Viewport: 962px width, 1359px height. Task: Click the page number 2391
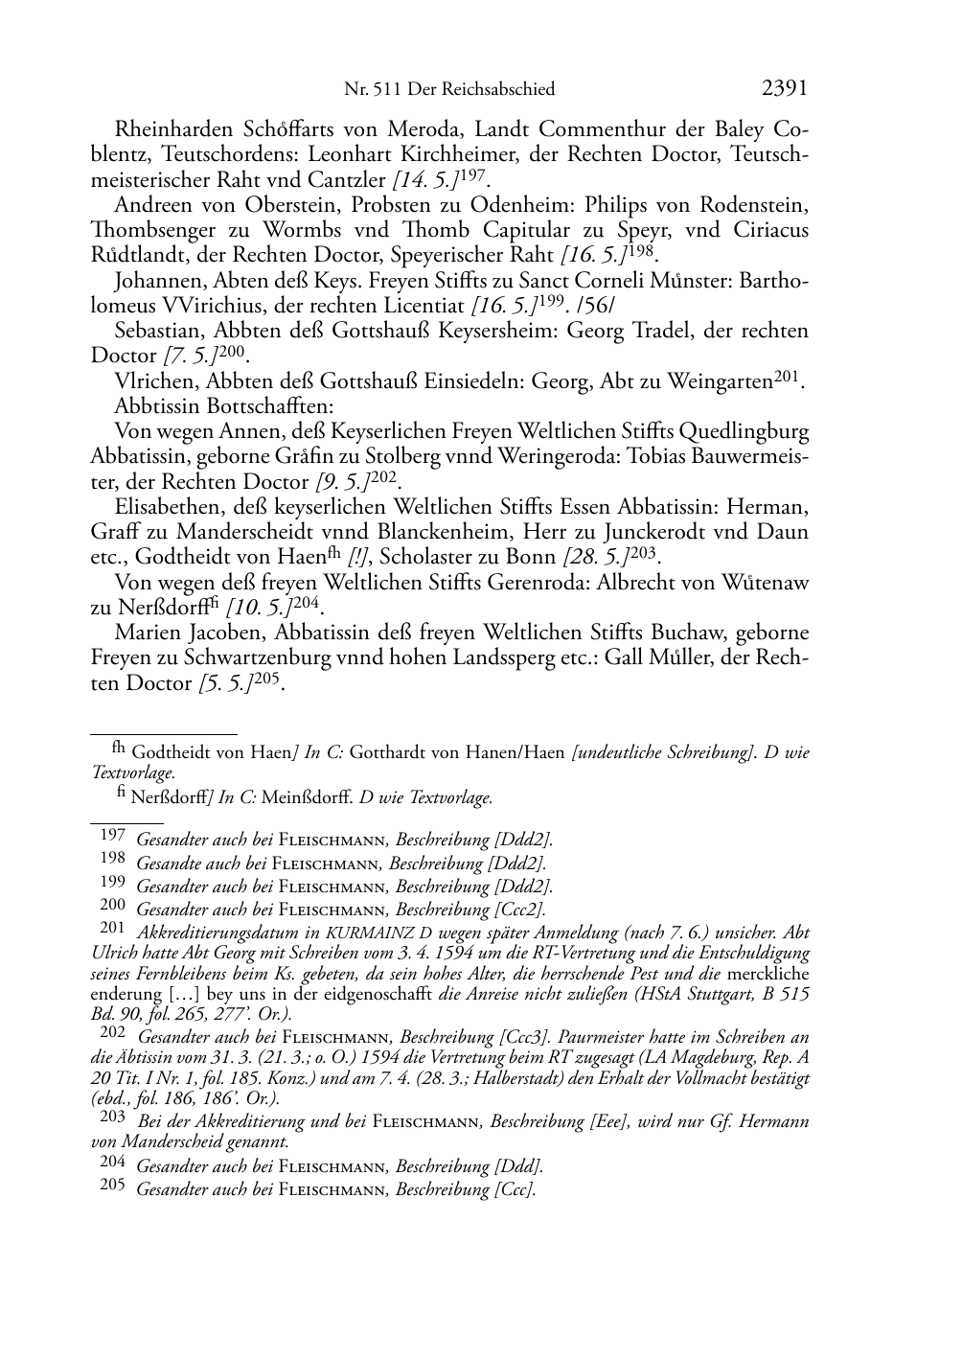[x=785, y=88]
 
